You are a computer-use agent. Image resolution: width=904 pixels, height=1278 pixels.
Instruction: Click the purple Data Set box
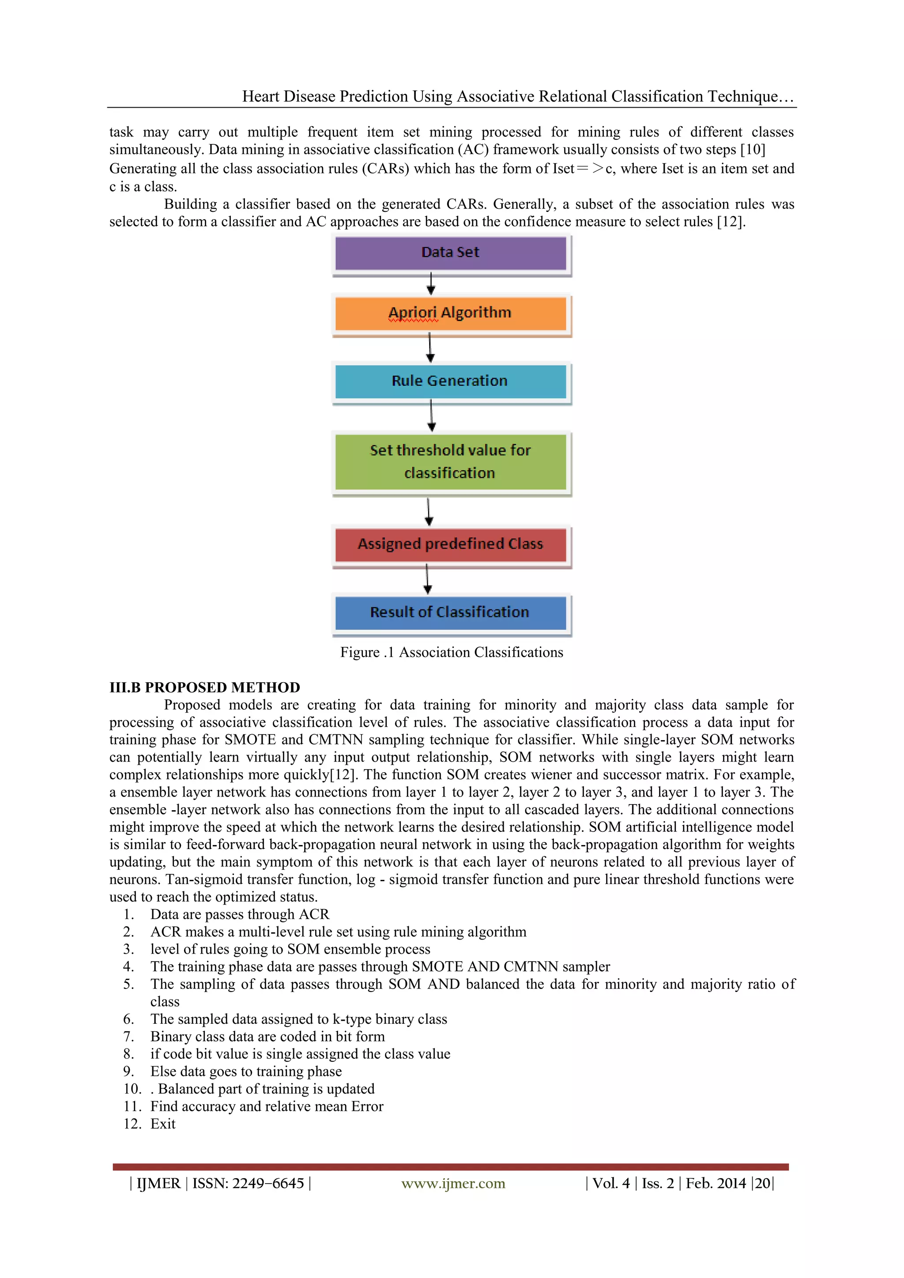coord(450,253)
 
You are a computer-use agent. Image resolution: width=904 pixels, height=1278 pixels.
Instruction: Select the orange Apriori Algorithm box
coord(450,313)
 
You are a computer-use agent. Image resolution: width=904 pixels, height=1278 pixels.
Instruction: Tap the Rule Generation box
coord(450,381)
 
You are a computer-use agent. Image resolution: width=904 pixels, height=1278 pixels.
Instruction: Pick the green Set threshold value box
coord(450,462)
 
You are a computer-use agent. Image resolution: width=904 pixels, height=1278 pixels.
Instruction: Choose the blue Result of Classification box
coord(450,612)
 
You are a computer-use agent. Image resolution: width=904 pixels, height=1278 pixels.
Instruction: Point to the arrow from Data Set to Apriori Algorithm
coord(431,284)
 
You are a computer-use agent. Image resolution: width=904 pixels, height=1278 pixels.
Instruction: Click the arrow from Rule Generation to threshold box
coord(431,416)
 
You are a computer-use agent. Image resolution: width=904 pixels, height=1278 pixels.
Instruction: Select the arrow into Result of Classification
coord(428,579)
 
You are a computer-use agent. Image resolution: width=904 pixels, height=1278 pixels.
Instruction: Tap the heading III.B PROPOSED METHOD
coord(204,688)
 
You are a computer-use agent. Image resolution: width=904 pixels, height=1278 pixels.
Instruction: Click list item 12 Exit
coord(162,1124)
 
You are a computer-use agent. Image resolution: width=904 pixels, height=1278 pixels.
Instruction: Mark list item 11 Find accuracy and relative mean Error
coord(267,1107)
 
